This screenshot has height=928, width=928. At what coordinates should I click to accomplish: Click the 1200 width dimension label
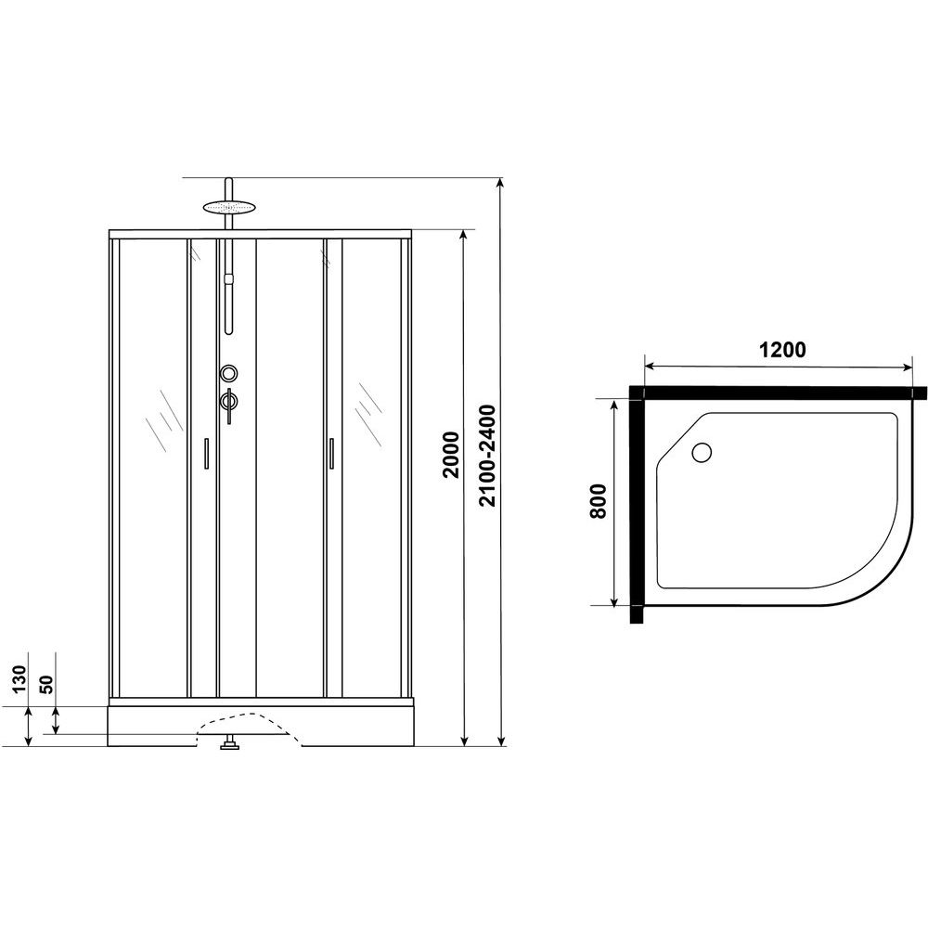tap(781, 350)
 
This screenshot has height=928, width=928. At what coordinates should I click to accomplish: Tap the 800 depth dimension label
tap(599, 501)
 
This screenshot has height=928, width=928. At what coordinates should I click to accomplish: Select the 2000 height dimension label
tap(452, 455)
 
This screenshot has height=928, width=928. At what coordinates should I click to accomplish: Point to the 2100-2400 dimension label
tap(487, 455)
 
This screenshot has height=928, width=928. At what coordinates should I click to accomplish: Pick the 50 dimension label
tap(46, 684)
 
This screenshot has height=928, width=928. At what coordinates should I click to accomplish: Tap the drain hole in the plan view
tap(702, 453)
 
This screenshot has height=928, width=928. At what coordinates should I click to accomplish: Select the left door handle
tap(206, 454)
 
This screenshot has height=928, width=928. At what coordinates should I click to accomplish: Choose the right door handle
tap(331, 454)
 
